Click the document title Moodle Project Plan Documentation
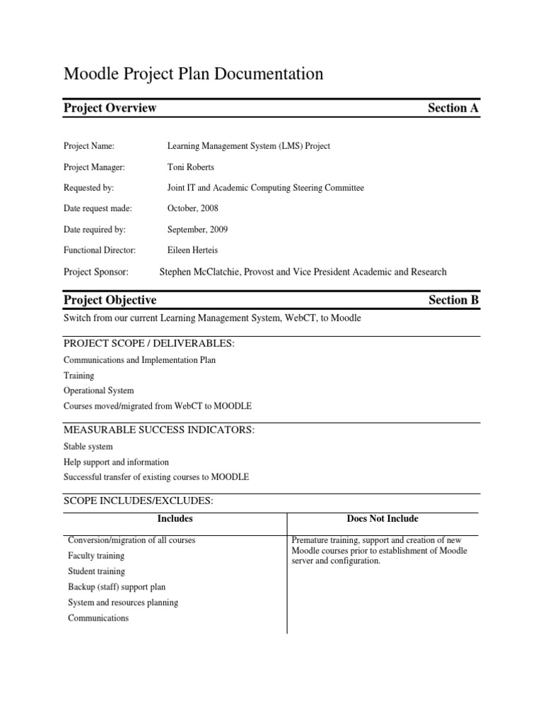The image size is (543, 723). (194, 73)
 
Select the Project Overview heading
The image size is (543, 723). (110, 108)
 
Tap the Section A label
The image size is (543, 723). (453, 108)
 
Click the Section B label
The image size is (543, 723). (453, 300)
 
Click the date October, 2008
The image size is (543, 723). (192, 209)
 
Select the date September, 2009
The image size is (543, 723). (197, 229)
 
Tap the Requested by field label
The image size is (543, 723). (88, 188)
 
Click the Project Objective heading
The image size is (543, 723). (110, 300)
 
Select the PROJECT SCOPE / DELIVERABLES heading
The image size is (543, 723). (148, 343)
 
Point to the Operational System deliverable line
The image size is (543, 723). (98, 390)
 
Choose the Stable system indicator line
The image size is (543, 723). (88, 447)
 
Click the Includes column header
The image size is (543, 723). (175, 519)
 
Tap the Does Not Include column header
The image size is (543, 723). (383, 519)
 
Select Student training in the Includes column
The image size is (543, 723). (96, 571)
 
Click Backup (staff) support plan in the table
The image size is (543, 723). (117, 587)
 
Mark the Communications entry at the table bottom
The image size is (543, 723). (98, 618)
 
